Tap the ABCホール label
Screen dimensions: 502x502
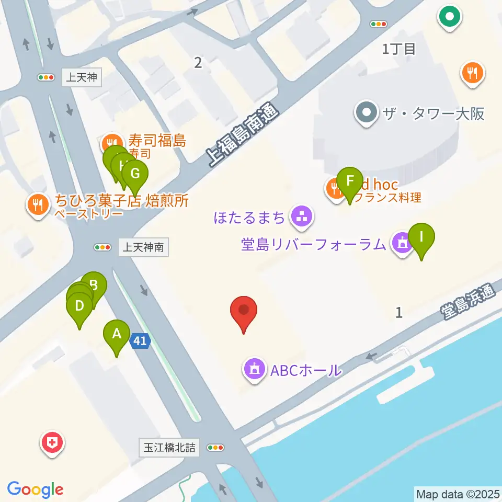point(305,371)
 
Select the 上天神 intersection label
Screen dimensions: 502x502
point(81,78)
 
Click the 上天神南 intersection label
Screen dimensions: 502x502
point(143,247)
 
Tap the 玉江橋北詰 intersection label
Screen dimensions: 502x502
point(169,448)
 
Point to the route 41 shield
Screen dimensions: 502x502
point(140,341)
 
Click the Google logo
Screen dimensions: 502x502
point(36,489)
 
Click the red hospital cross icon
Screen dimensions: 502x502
point(52,443)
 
